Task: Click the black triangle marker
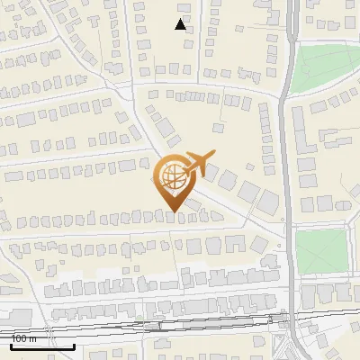click(181, 24)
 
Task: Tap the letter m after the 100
click(33, 338)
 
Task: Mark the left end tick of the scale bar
click(12, 345)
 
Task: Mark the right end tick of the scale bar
click(75, 345)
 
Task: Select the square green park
click(321, 251)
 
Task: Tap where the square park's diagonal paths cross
click(321, 251)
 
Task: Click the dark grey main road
click(287, 180)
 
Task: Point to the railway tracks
click(180, 324)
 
